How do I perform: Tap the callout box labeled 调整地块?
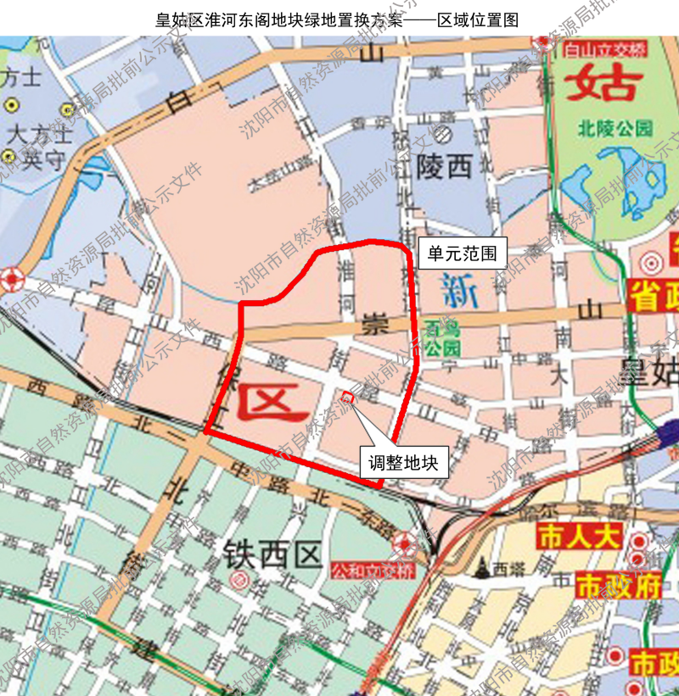click(x=402, y=463)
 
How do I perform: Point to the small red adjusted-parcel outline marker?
click(x=346, y=396)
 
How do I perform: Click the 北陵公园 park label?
click(x=615, y=129)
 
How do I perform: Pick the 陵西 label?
click(x=444, y=167)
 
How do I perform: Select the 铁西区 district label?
click(x=272, y=555)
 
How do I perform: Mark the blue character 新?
click(x=460, y=292)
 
